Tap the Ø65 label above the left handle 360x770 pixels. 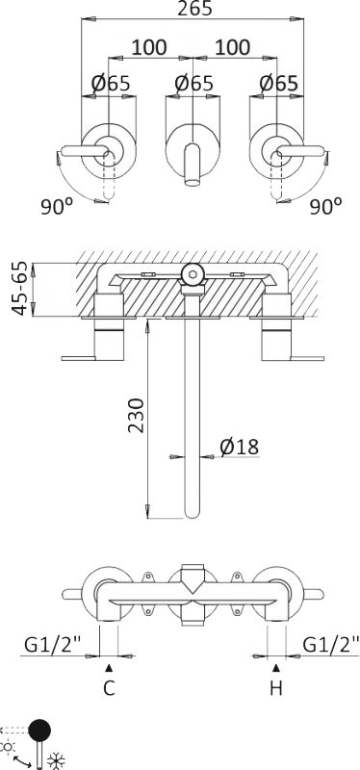pos(111,84)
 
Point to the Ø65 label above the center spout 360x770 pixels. pos(193,84)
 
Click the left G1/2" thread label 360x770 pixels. pos(48,644)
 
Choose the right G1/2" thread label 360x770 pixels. pos(331,644)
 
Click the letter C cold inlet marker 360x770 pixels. pos(109,688)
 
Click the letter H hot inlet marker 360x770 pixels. pos(277,688)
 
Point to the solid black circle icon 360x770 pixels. pos(41,731)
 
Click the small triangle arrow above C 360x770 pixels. pos(109,667)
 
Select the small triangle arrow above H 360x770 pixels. pos(277,667)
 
